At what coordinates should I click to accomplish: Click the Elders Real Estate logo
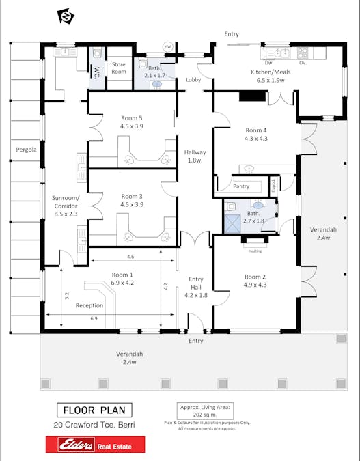(96, 445)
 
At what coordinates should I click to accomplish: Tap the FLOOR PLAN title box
(94, 410)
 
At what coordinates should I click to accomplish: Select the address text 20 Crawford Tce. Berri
(94, 425)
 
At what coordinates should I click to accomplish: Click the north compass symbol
(66, 16)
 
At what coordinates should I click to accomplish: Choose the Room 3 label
(130, 195)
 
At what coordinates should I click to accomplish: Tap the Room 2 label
(255, 277)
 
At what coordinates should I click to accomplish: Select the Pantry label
(241, 186)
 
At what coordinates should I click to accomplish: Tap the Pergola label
(26, 149)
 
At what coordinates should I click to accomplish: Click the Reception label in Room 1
(89, 305)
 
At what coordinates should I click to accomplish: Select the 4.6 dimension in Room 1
(130, 257)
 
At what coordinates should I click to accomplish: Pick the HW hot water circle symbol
(167, 46)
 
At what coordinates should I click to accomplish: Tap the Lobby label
(193, 80)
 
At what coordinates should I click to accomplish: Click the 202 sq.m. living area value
(204, 414)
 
